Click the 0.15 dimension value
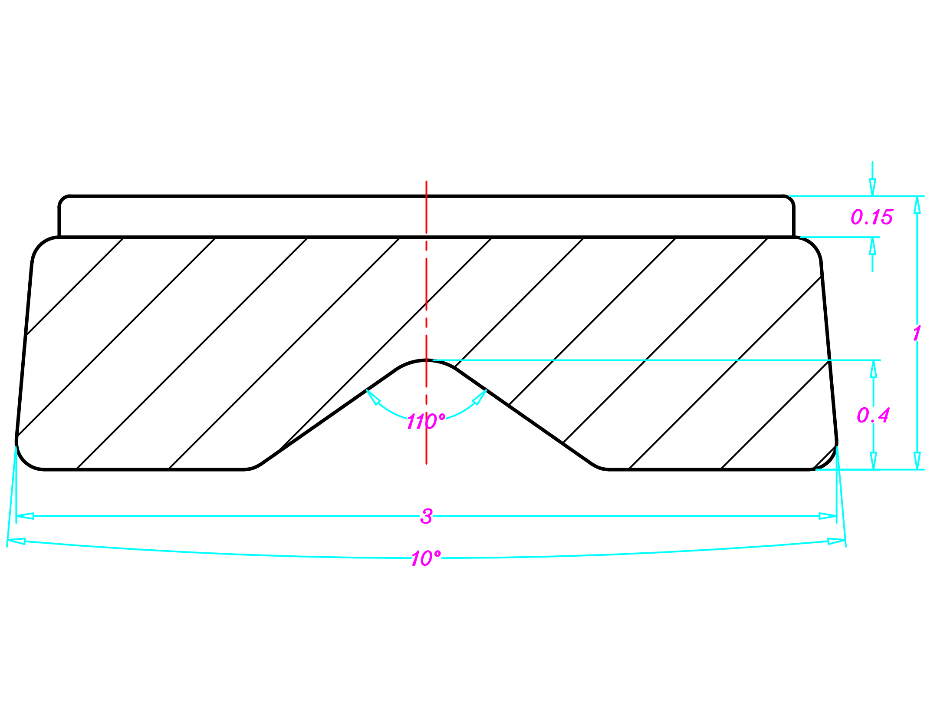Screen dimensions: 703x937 coord(871,217)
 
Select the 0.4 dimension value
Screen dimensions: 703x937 coord(873,416)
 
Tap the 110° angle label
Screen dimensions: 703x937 coord(426,422)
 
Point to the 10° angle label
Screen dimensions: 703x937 coord(426,558)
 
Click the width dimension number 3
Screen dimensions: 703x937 coord(426,516)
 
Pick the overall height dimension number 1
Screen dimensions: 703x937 coord(917,333)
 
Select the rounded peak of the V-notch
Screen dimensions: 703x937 coord(426,361)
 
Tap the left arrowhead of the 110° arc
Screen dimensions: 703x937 coord(372,397)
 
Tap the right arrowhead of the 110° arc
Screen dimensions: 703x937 coord(480,397)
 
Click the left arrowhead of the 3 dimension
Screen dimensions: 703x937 coord(25,516)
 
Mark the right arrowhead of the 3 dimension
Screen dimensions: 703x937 coord(828,516)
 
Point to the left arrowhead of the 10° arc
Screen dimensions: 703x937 coord(16,541)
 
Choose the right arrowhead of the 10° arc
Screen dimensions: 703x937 coord(836,541)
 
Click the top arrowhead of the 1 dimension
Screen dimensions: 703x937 coord(917,205)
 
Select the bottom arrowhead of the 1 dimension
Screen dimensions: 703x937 coord(917,460)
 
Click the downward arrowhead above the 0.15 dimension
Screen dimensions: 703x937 coord(872,187)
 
